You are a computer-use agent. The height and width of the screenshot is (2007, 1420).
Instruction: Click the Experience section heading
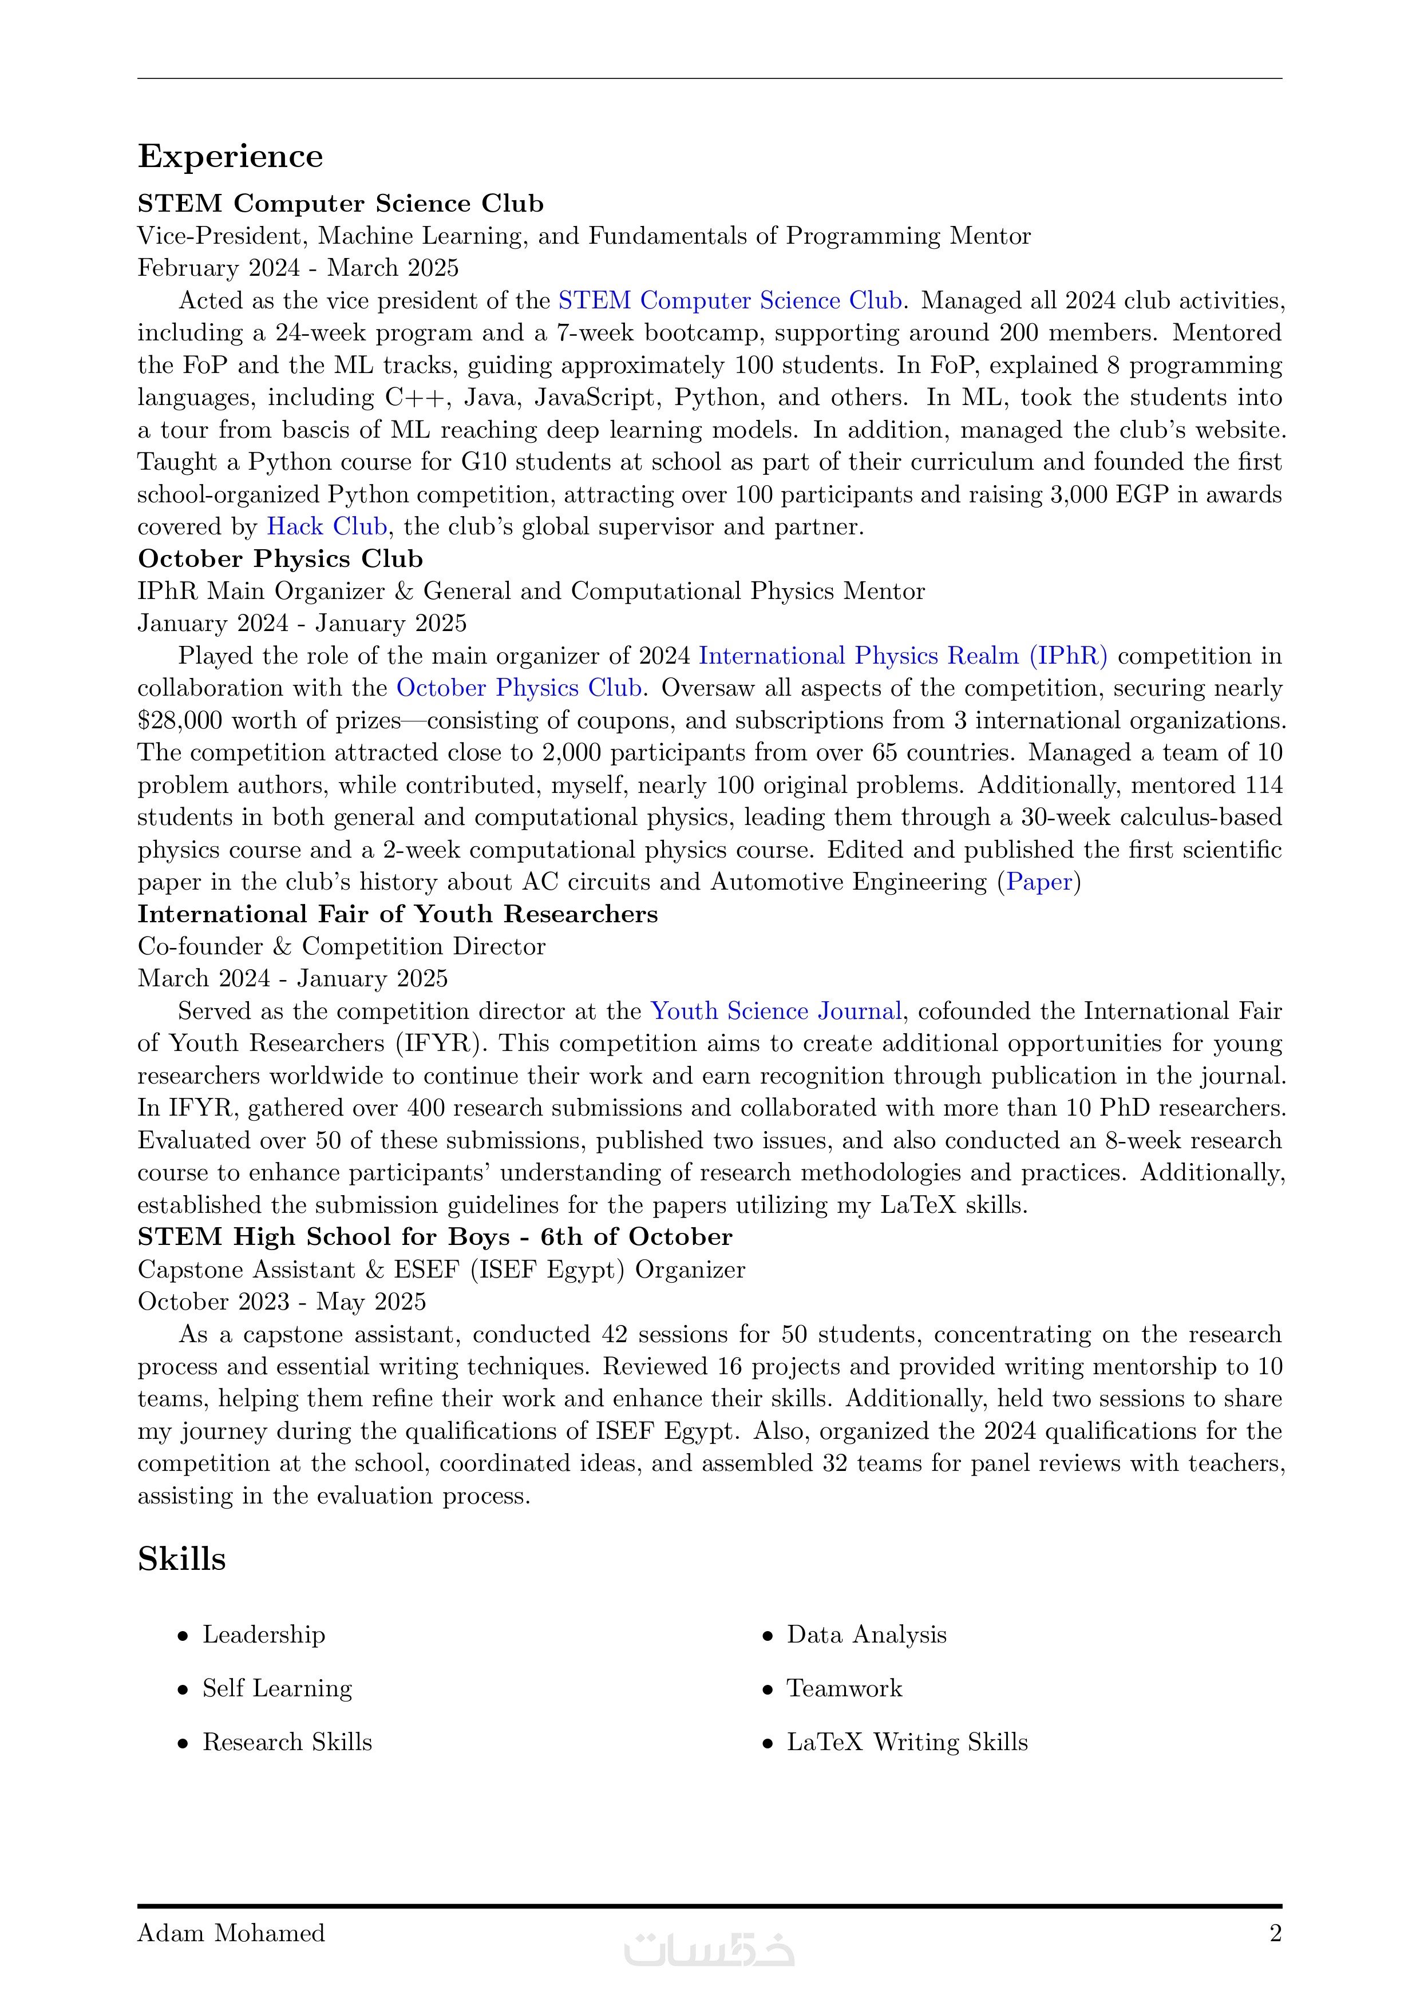230,156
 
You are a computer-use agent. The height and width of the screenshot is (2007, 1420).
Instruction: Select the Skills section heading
182,1560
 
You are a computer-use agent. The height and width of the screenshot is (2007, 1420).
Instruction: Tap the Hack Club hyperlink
327,526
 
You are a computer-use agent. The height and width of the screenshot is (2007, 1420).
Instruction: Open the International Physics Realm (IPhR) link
903,656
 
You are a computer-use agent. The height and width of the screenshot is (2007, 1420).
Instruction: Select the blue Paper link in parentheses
1039,882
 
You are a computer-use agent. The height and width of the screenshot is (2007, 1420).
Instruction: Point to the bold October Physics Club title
280,558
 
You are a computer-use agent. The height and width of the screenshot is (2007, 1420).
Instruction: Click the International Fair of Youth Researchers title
398,914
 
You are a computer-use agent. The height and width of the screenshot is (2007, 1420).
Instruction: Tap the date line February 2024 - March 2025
298,268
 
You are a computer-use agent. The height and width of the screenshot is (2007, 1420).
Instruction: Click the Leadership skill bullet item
263,1635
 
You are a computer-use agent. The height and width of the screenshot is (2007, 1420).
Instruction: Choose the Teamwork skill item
844,1689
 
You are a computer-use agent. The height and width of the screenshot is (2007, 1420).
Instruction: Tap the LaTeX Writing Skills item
907,1742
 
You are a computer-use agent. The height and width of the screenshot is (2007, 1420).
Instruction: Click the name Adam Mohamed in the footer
231,1934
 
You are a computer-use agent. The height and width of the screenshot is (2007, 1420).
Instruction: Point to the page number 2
1275,1934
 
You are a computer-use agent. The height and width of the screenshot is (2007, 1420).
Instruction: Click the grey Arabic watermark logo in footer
709,1949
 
